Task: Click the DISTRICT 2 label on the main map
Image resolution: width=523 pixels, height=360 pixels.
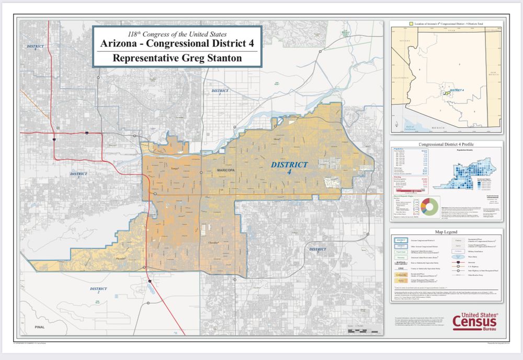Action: (98, 290)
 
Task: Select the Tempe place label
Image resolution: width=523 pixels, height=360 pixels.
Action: (175, 168)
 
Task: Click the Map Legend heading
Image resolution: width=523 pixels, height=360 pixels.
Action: (446, 232)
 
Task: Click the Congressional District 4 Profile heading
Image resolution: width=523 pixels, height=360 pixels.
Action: (446, 144)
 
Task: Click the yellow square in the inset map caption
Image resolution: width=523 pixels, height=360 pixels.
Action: (411, 24)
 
